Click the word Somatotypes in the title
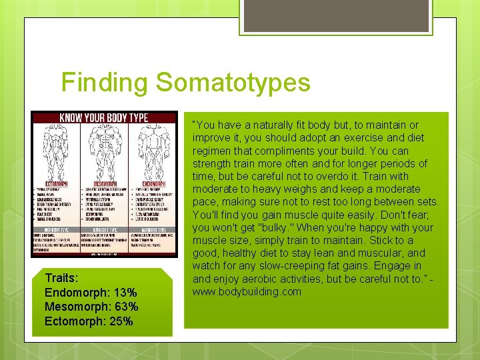233,83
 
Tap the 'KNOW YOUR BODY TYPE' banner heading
104,118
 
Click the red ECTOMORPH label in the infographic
50,182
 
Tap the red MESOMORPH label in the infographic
103,182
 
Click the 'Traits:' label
61,277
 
